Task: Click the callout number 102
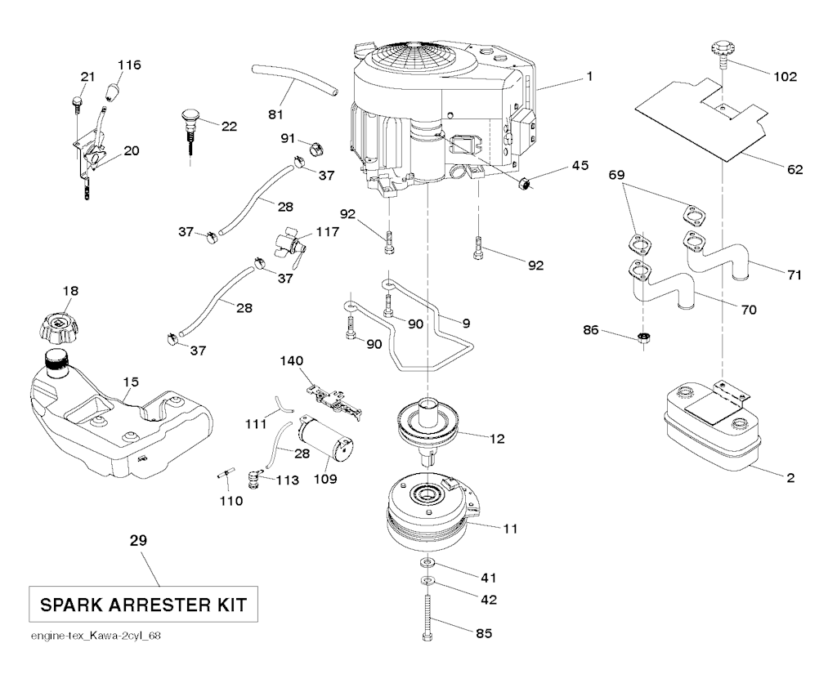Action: point(785,77)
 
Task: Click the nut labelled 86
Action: point(645,336)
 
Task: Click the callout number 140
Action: point(291,360)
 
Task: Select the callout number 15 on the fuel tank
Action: point(132,382)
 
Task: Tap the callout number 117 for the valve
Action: point(327,233)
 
